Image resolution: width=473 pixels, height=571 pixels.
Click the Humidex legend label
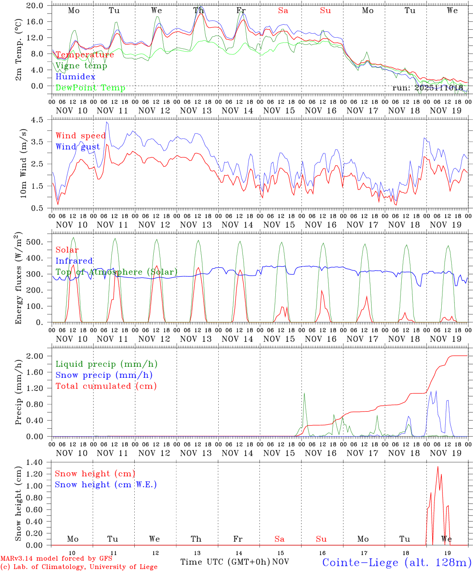pos(75,77)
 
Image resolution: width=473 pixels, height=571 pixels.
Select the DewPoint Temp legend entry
pos(90,88)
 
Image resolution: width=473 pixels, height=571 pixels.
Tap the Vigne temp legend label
pos(81,66)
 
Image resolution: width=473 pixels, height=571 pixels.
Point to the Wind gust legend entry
pos(78,147)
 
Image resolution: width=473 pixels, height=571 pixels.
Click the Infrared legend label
pos(74,261)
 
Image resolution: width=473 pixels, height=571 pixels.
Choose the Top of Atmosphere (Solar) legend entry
pos(116,272)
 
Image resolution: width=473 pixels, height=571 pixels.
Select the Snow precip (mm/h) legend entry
pos(104,375)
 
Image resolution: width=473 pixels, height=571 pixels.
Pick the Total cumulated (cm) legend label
pos(106,386)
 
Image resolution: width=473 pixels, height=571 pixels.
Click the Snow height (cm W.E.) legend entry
pos(106,485)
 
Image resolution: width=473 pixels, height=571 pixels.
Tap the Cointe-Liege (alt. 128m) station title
pos(397,562)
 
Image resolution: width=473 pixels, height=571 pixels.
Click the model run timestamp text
pos(428,88)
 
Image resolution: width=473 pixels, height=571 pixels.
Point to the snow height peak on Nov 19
pos(438,467)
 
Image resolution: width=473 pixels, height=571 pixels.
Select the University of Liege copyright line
pos(79,567)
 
